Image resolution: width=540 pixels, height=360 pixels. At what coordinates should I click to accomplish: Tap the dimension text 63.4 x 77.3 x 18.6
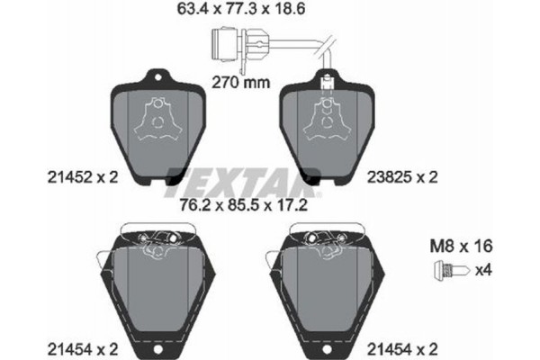tap(244, 12)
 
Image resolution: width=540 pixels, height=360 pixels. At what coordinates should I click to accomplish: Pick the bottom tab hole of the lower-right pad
tap(325, 348)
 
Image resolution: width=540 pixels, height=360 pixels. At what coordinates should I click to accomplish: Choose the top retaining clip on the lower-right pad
tap(325, 238)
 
